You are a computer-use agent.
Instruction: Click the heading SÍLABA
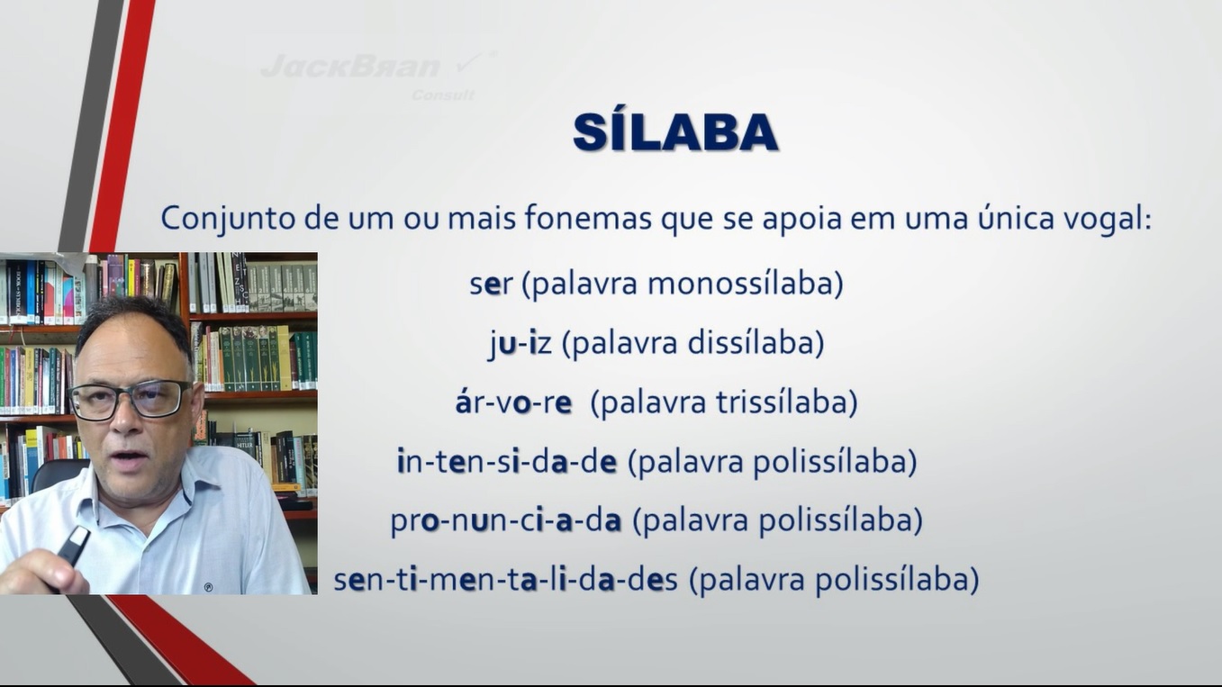coord(675,131)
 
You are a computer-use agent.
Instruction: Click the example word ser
coord(491,284)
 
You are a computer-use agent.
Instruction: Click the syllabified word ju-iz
coord(520,345)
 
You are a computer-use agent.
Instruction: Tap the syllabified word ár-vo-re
coord(513,402)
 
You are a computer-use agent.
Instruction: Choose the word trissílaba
coord(782,402)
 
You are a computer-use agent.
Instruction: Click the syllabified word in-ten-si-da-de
coord(507,462)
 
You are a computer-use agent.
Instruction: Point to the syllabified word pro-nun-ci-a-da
coord(506,521)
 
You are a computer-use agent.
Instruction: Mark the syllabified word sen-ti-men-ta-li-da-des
coord(506,580)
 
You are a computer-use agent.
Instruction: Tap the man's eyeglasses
coord(130,400)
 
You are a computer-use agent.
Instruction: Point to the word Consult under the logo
coord(443,95)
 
